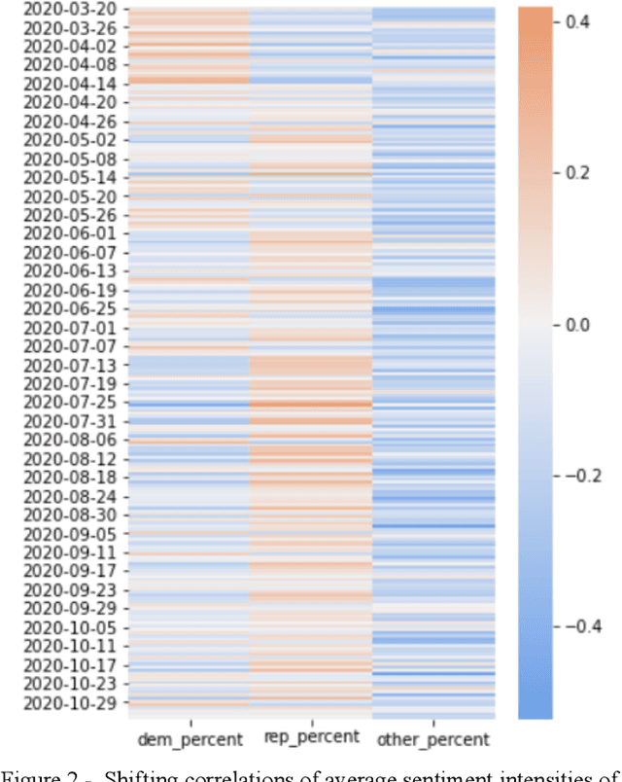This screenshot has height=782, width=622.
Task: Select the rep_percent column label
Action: pyautogui.click(x=311, y=737)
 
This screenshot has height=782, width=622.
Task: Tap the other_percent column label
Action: pyautogui.click(x=432, y=740)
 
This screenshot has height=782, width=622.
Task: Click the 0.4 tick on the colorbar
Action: pyautogui.click(x=575, y=21)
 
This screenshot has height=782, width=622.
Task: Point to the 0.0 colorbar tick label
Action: pyautogui.click(x=575, y=324)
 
